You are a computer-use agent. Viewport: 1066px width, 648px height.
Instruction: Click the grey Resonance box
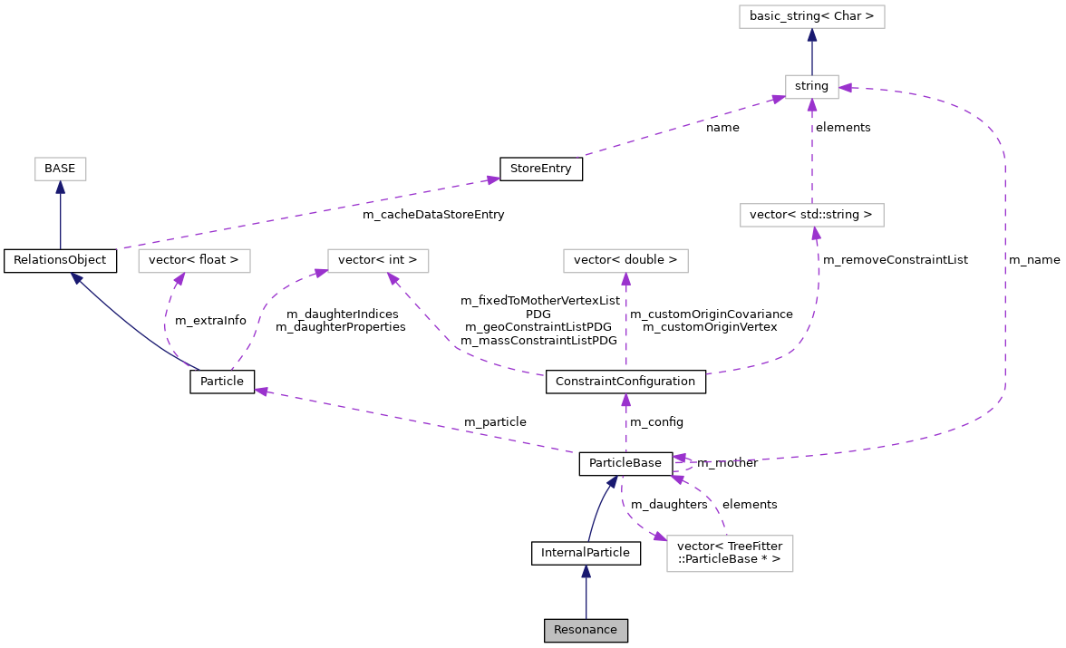[586, 631]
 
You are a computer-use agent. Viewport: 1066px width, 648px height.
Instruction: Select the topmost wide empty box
[811, 16]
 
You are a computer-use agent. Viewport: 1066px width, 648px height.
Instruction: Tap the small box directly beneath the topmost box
[811, 87]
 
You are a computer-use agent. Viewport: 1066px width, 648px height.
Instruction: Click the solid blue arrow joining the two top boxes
[812, 51]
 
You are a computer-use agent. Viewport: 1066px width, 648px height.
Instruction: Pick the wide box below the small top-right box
[811, 215]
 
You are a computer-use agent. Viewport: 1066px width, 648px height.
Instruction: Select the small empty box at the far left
[61, 169]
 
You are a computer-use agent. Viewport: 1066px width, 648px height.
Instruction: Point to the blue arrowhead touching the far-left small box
[61, 188]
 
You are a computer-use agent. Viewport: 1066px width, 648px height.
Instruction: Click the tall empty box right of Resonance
[730, 554]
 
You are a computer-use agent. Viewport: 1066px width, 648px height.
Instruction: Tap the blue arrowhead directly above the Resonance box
[586, 572]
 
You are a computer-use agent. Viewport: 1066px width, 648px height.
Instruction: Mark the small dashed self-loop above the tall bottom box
[687, 464]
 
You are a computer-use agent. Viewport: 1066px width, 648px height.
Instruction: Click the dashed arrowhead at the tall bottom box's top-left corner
[660, 537]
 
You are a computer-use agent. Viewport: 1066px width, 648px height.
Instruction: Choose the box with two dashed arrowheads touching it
[378, 261]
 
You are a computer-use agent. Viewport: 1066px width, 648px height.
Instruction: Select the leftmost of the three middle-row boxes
[194, 261]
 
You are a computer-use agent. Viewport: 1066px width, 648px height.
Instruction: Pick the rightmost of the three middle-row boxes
[625, 261]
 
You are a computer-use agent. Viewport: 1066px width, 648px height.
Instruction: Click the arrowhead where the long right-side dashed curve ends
[846, 88]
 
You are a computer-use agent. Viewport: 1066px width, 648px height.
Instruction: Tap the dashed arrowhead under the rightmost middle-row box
[625, 280]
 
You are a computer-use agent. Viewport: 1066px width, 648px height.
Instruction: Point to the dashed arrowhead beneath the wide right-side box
[816, 234]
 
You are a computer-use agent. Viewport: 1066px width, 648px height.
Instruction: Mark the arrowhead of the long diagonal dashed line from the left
[492, 179]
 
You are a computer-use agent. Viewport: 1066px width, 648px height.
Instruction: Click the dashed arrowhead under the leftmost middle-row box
[179, 280]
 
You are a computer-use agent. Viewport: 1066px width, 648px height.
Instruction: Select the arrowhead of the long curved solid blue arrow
[75, 277]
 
